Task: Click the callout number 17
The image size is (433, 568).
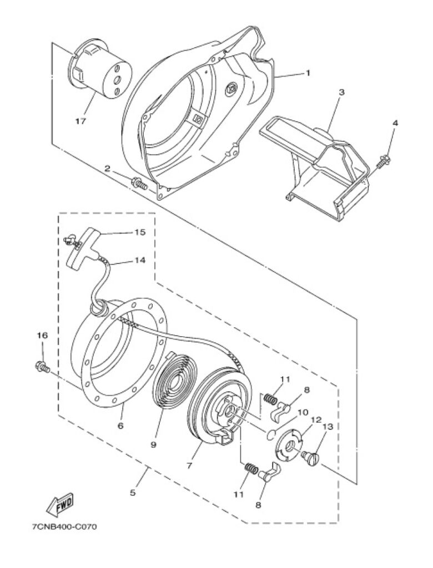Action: pos(80,121)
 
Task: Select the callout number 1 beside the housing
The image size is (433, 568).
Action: pos(308,73)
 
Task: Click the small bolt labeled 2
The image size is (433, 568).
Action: pos(140,183)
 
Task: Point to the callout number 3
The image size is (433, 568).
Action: pos(341,92)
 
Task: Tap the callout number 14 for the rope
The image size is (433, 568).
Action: pos(140,260)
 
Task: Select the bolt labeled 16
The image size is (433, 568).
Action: pos(42,366)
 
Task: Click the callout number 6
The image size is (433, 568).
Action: pos(120,425)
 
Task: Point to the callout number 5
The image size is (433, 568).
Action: pos(133,493)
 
